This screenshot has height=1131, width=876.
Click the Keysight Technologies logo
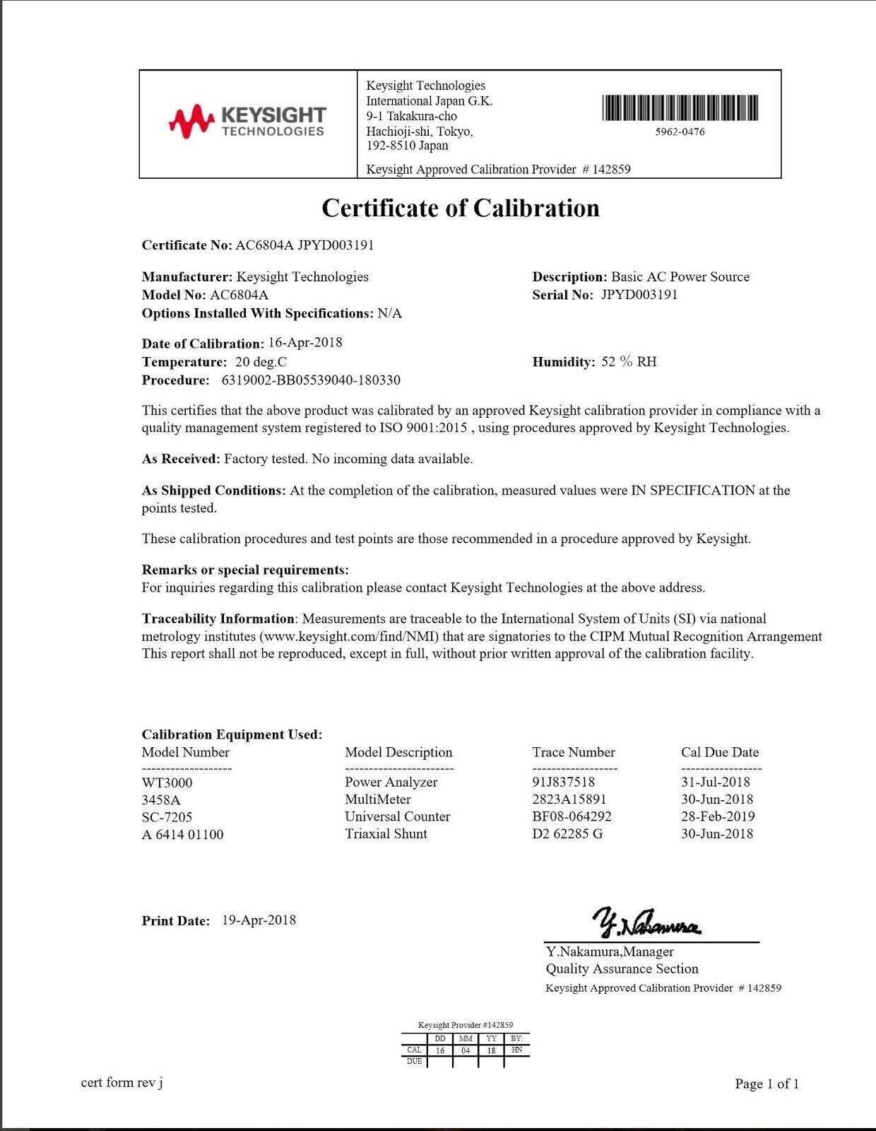tap(247, 122)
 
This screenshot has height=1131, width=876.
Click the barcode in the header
tap(680, 108)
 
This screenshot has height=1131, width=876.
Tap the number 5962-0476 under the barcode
tap(680, 131)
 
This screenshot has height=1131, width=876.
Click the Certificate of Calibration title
tap(461, 208)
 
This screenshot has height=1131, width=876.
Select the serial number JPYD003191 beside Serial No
tap(639, 295)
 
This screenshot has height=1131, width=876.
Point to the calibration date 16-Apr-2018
tap(305, 343)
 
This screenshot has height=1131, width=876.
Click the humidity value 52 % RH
tap(629, 362)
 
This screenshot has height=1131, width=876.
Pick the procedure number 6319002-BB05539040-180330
tap(311, 380)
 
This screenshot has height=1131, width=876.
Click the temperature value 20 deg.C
tap(261, 362)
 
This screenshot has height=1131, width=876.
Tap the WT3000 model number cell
tap(167, 783)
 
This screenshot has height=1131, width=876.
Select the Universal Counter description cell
tap(397, 816)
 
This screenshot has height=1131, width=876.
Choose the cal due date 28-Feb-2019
tap(718, 816)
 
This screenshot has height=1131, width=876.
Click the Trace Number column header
tap(574, 752)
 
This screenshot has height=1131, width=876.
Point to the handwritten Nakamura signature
tap(647, 922)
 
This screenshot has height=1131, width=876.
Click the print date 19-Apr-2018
tap(259, 920)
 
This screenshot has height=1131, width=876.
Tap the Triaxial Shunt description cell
tap(386, 833)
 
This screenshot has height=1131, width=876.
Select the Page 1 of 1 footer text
tap(766, 1084)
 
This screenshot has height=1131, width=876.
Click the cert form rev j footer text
tap(122, 1082)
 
